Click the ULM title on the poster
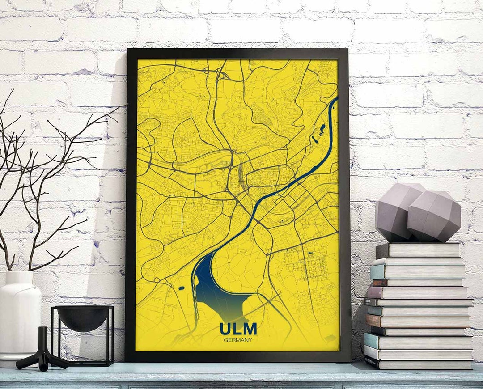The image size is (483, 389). point(238,329)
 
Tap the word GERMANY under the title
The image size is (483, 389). point(238,340)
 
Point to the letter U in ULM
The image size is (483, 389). point(225,329)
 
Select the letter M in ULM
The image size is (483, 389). point(251,329)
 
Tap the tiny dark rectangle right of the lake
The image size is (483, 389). point(310,254)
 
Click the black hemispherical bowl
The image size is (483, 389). point(83,318)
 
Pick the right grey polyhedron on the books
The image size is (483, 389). point(434,217)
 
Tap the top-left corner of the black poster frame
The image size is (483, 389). point(129,51)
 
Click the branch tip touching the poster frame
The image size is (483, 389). point(126,105)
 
